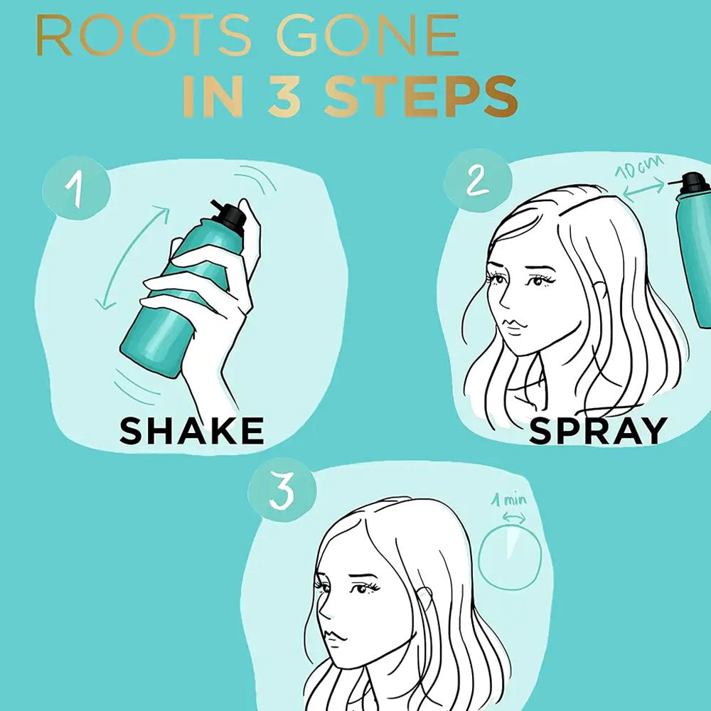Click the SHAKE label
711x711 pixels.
coord(191,431)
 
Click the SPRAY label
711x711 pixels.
coord(598,431)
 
